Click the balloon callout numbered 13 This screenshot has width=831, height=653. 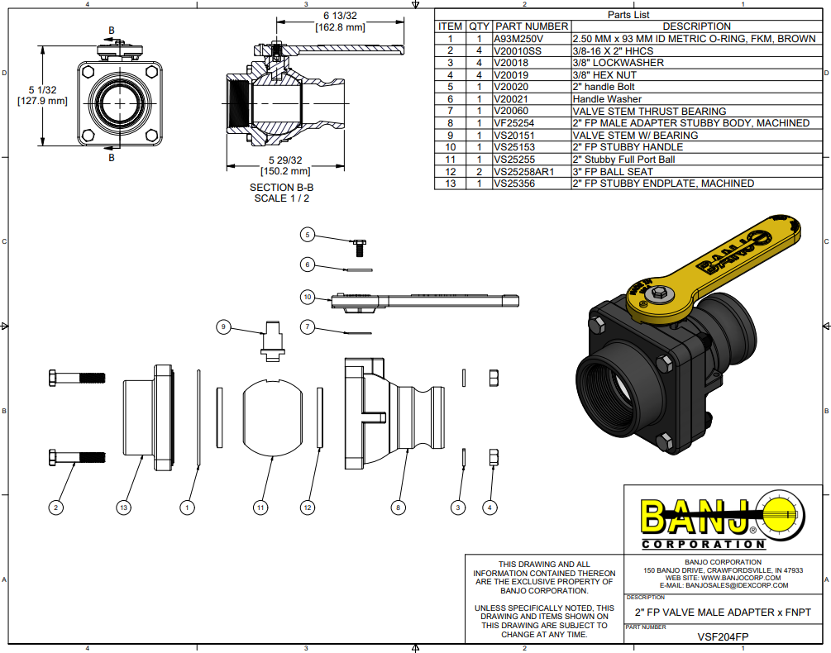tap(124, 507)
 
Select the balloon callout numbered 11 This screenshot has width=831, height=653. tap(261, 507)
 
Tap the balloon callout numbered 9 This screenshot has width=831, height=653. tap(222, 327)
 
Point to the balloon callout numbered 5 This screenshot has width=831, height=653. tap(308, 235)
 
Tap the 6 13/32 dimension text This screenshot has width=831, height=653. tap(340, 16)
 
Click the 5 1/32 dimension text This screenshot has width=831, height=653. tap(41, 89)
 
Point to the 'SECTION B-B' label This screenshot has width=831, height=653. tap(282, 188)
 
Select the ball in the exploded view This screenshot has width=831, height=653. tap(273, 416)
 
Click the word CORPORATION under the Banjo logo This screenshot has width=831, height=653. tap(702, 545)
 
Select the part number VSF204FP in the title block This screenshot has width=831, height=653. tap(724, 636)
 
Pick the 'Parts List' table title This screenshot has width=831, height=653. tap(628, 15)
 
